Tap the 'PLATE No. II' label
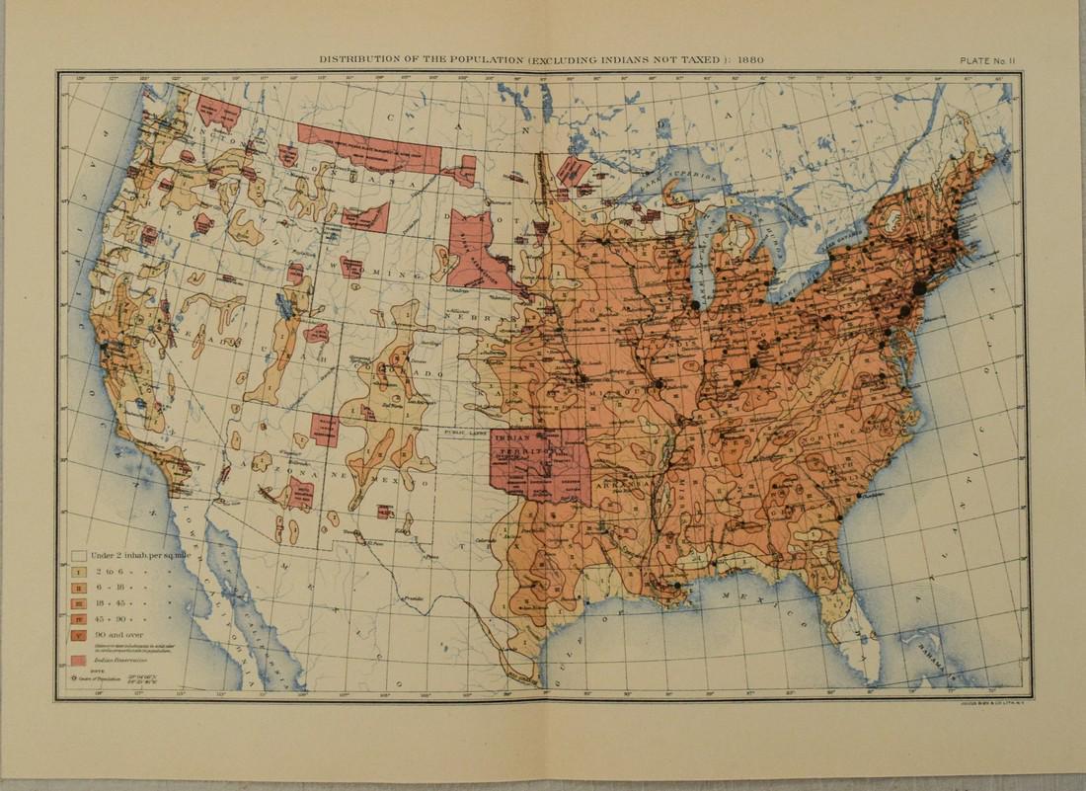pos(994,59)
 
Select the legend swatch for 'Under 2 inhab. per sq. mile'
pos(76,554)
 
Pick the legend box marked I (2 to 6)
pos(76,571)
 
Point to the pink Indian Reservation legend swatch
pos(76,659)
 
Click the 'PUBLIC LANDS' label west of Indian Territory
pos(464,432)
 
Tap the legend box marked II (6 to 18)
pos(76,587)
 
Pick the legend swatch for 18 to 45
pos(76,601)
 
